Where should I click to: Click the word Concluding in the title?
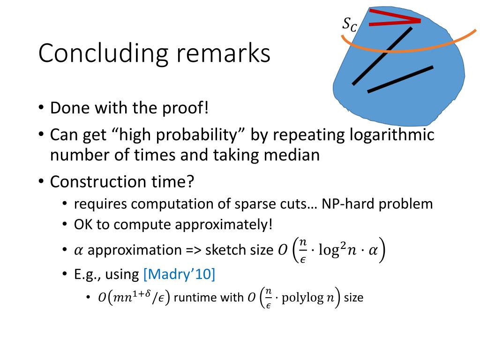(x=103, y=53)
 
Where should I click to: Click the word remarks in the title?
(x=224, y=53)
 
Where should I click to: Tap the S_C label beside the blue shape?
(x=349, y=24)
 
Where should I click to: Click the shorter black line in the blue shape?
(x=400, y=79)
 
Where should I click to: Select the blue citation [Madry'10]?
(x=180, y=274)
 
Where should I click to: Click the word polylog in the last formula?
(x=302, y=298)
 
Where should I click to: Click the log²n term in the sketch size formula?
(x=337, y=249)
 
